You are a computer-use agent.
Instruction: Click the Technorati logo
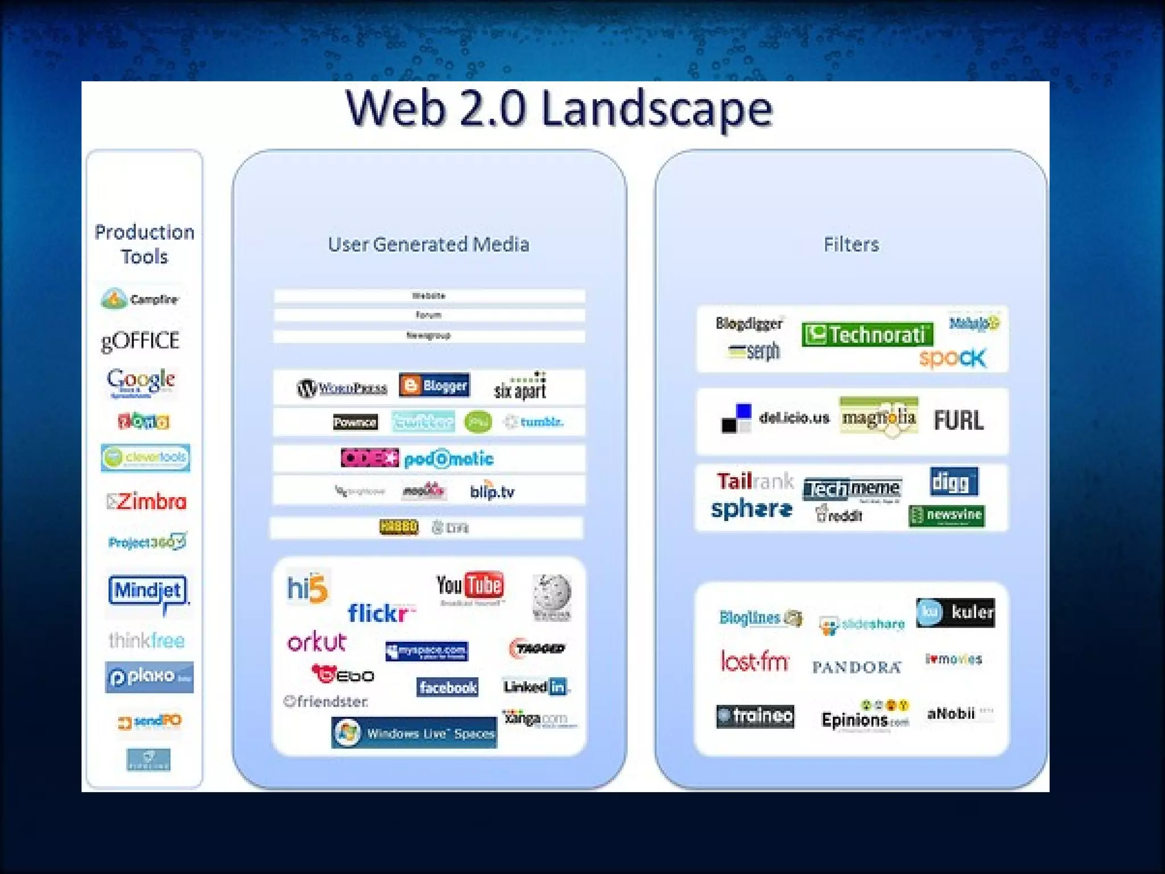[867, 335]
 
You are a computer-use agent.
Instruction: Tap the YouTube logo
[470, 586]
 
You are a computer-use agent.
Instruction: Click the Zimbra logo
[147, 502]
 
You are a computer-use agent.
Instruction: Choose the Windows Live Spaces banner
[414, 733]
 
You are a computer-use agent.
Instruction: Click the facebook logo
[448, 687]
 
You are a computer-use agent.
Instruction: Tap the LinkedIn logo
[535, 687]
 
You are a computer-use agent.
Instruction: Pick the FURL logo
[959, 420]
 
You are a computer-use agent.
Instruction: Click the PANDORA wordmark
[856, 667]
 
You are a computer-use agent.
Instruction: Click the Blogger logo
[435, 386]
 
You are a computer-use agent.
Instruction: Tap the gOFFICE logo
[141, 341]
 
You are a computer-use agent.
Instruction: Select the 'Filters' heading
[851, 245]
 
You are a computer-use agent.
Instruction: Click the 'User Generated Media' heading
[428, 245]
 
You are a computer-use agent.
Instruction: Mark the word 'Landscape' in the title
[657, 109]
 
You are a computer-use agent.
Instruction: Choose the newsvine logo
[947, 516]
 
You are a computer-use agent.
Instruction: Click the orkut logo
[317, 642]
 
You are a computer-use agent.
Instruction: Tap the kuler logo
[956, 612]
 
